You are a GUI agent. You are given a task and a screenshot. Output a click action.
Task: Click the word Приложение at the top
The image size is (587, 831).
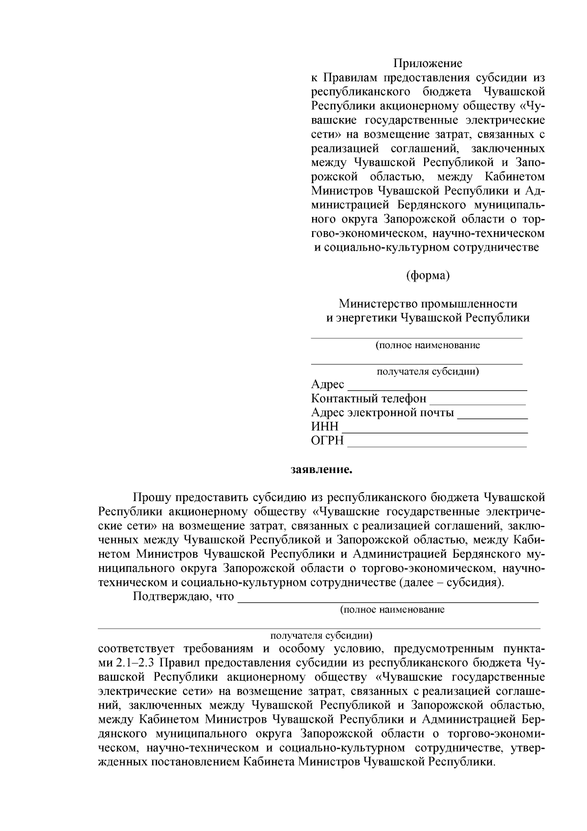(428, 63)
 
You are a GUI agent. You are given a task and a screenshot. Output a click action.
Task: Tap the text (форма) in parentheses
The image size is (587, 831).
(428, 276)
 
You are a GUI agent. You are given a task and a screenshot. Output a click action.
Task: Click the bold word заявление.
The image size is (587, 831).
(321, 470)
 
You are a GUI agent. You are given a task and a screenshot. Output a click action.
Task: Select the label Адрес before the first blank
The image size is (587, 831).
(327, 385)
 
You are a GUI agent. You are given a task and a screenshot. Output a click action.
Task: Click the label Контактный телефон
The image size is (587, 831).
(368, 399)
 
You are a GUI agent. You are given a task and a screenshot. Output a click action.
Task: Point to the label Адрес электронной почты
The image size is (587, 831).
(382, 413)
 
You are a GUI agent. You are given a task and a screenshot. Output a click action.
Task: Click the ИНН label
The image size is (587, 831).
(324, 427)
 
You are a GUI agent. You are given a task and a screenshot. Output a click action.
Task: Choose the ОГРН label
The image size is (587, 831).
(327, 441)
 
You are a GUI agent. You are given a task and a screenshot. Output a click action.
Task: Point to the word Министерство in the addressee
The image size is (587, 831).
(373, 304)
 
